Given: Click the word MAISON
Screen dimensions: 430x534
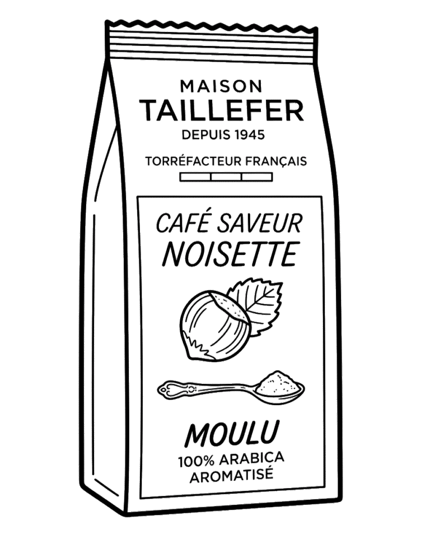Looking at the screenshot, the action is tap(221, 86).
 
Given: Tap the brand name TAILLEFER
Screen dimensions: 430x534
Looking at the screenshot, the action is tap(222, 111).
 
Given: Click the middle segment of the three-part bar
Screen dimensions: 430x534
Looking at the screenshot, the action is tap(226, 177).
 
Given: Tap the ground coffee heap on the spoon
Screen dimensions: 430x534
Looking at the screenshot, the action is tap(278, 383).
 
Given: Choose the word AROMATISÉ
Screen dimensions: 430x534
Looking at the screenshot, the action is tap(231, 475).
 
